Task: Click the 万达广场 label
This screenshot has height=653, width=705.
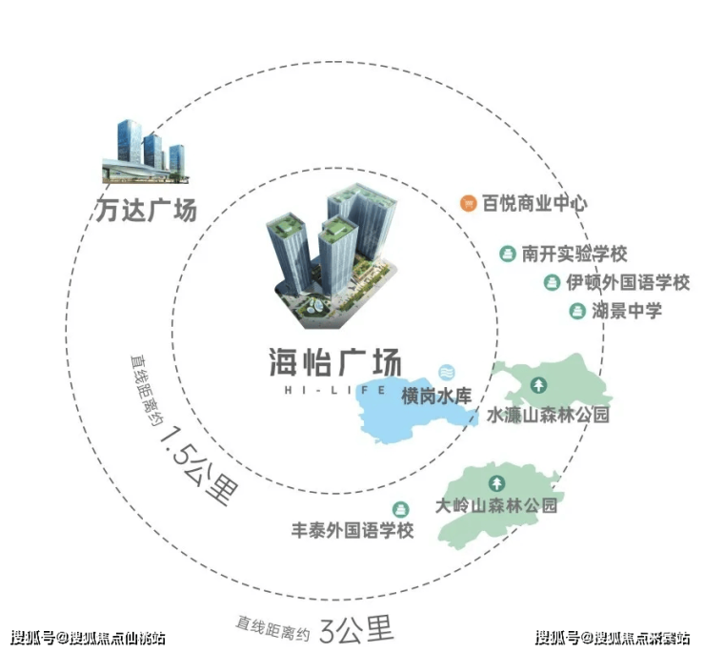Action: tap(147, 210)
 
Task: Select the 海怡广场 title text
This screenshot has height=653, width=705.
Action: tap(335, 362)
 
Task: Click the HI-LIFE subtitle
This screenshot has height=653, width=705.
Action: tap(335, 390)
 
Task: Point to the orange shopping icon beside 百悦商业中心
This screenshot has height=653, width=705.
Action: tap(468, 203)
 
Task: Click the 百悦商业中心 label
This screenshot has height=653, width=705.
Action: tap(534, 203)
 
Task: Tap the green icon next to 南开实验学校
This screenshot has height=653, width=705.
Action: tap(508, 254)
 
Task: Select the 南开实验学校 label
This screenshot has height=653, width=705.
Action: tap(574, 254)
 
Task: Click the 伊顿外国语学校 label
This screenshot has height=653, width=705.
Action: tap(628, 282)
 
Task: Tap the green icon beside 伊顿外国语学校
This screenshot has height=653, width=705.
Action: tap(552, 282)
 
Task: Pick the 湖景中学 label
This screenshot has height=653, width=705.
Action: tap(627, 311)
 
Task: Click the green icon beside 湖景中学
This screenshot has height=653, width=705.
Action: tap(577, 311)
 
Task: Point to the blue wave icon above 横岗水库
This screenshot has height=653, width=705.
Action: tap(447, 372)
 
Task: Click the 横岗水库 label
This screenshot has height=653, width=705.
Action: tap(436, 396)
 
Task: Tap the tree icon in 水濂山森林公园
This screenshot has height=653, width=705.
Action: tap(538, 385)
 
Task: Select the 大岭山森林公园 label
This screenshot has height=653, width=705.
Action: tap(496, 505)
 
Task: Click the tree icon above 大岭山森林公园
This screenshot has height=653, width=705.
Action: tap(496, 483)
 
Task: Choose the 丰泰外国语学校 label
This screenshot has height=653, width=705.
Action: tap(352, 530)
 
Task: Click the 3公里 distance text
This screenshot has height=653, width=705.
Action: tap(356, 629)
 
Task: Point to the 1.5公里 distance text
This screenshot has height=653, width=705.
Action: tap(199, 466)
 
